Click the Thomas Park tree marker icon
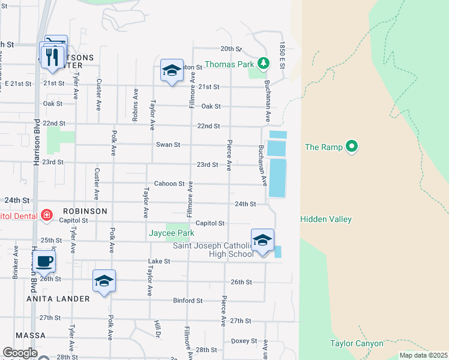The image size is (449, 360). coord(262,63)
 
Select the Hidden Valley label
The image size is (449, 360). coord(326,220)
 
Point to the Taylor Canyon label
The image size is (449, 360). coord(356,343)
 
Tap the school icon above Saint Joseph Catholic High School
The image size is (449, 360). coord(262,241)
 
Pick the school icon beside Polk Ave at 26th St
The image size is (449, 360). coord(104,281)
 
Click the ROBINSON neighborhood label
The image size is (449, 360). coord(83,211)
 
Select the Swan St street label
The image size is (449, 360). coord(168,145)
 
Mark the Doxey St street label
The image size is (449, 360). coord(244,341)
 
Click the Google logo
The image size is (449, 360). coord(20,353)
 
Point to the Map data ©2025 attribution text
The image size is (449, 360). coord(423,355)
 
